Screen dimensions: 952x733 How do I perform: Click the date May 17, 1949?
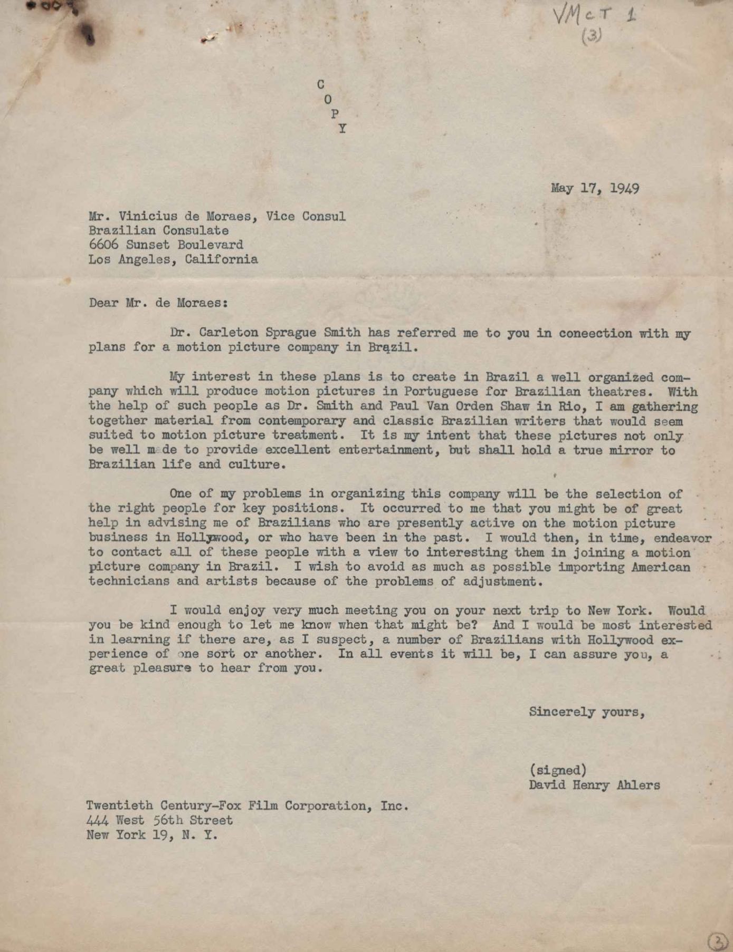point(595,188)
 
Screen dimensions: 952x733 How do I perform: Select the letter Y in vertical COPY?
point(342,128)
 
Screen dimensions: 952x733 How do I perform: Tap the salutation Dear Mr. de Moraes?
point(158,303)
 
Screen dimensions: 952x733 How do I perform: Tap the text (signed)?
point(558,770)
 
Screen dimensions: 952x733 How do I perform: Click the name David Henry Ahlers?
point(594,785)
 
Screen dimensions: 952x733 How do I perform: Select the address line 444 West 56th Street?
point(159,820)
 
